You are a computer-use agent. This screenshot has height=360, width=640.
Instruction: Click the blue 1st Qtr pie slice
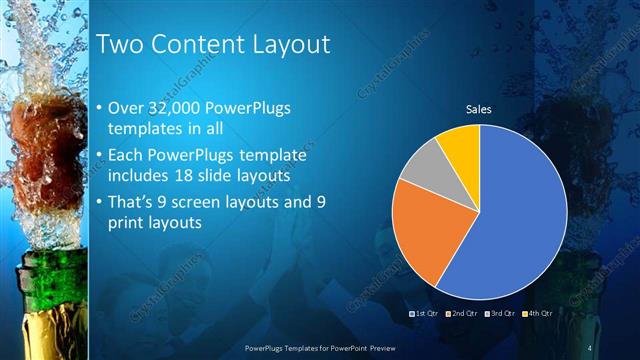click(x=520, y=220)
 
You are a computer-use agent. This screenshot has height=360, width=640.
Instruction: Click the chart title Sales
click(x=480, y=110)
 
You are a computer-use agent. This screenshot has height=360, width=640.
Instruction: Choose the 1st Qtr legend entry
click(x=424, y=313)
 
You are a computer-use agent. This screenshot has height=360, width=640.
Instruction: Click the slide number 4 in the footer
click(x=590, y=347)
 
